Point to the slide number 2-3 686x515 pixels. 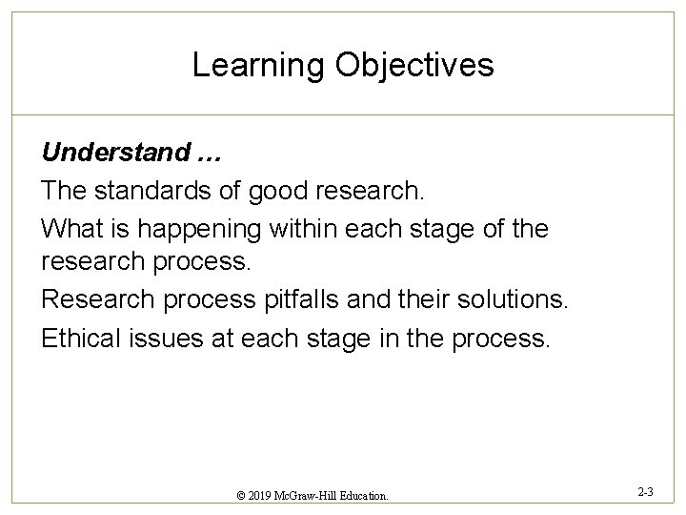tap(644, 492)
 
